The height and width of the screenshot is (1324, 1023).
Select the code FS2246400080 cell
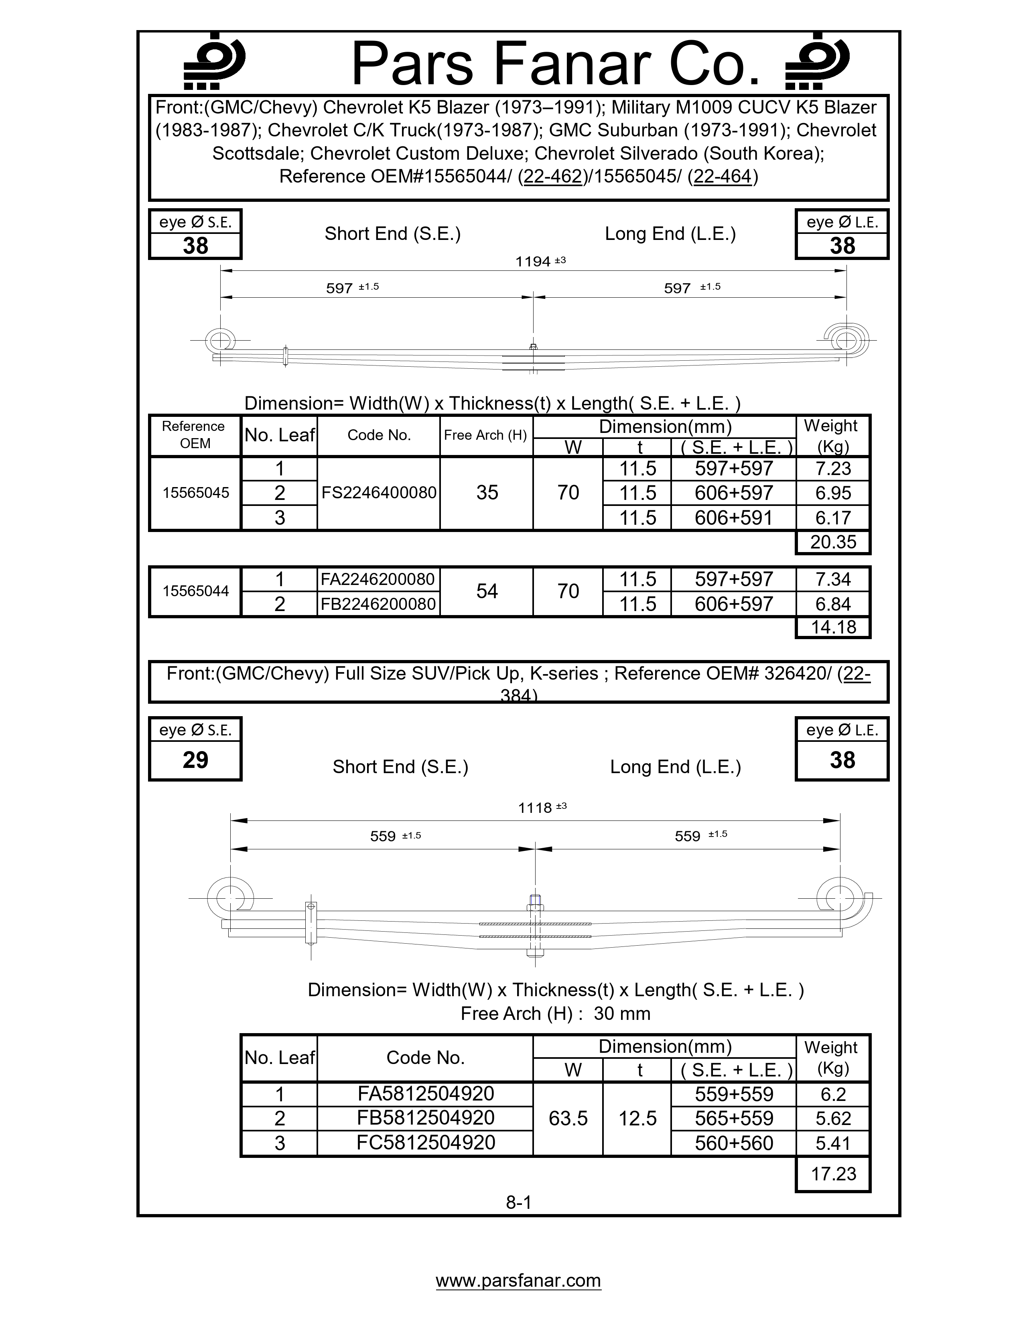(379, 493)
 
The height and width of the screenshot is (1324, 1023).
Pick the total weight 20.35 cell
(833, 542)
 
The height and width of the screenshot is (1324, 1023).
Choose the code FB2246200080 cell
(378, 604)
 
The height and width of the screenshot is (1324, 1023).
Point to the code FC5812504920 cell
(425, 1142)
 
